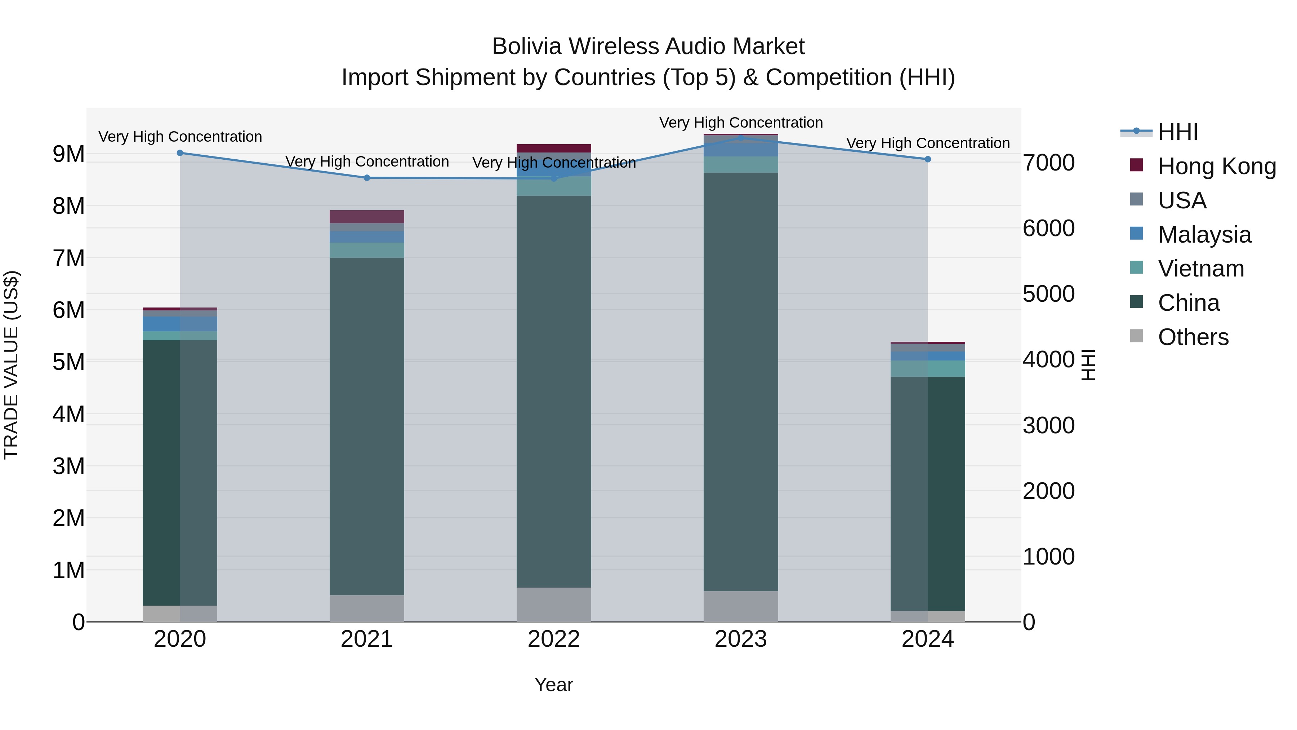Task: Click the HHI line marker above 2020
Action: (x=180, y=152)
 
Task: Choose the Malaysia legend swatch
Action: (x=1136, y=234)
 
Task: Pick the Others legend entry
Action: (x=1193, y=337)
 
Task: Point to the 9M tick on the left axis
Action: (x=69, y=154)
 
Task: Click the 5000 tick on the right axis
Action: (x=1048, y=294)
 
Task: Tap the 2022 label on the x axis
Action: (x=553, y=639)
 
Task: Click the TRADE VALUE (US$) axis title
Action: (x=11, y=365)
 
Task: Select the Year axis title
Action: (x=553, y=685)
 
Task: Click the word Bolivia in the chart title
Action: (x=526, y=47)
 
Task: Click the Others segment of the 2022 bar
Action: (x=553, y=604)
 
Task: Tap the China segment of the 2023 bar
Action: (x=741, y=381)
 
